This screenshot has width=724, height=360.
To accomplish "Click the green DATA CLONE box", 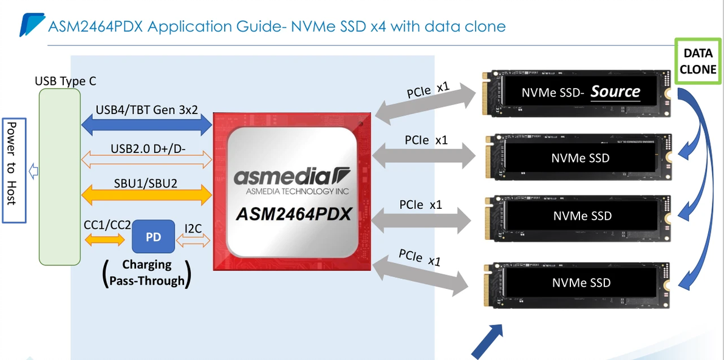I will (x=698, y=61).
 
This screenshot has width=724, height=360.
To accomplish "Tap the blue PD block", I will (x=153, y=237).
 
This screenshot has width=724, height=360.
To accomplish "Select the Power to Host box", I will (x=13, y=171).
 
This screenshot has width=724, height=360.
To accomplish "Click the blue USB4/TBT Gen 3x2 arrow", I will (x=146, y=124).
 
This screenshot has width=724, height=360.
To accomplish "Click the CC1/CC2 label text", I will (x=107, y=224).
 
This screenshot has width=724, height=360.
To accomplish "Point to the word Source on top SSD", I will (x=615, y=92).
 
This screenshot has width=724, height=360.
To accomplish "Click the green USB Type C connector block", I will (x=60, y=177).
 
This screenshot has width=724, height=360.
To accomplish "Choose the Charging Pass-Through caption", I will (x=146, y=273).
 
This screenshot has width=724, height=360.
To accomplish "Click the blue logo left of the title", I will (x=32, y=25).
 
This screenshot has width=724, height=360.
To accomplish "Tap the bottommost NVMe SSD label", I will (x=581, y=283).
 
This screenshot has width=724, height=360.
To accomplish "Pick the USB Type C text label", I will (x=66, y=81).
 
